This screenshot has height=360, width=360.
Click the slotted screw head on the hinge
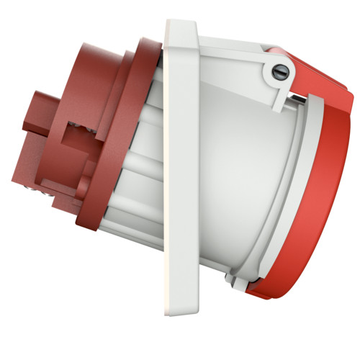pos(281,70)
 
